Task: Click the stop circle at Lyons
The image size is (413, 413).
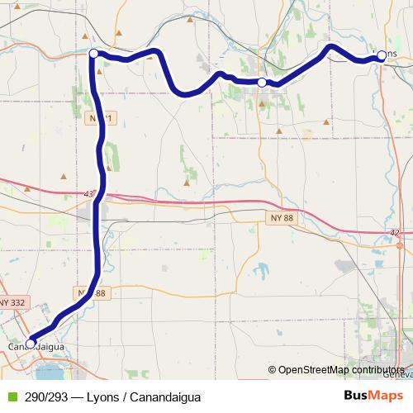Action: click(382, 55)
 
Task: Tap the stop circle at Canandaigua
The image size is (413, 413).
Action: click(31, 344)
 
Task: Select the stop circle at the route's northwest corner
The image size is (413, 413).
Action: click(93, 54)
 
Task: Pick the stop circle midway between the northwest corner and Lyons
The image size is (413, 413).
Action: click(262, 83)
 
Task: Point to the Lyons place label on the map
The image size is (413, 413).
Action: click(387, 54)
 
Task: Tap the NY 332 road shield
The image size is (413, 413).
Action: click(12, 303)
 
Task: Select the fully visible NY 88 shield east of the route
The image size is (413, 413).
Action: click(280, 216)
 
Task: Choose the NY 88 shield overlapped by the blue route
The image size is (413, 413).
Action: click(93, 293)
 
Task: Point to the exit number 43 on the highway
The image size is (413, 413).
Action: click(89, 194)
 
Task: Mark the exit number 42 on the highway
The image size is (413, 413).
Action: click(395, 234)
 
